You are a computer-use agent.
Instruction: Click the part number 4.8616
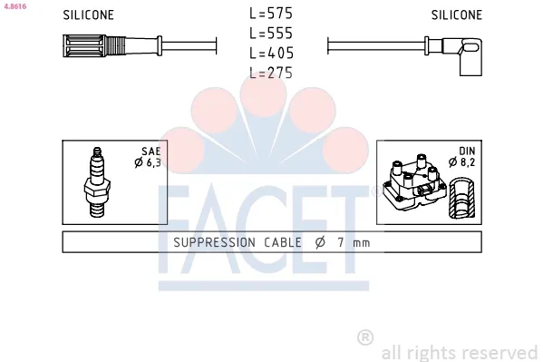tap(15, 6)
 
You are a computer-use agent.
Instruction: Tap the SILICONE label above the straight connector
tap(88, 15)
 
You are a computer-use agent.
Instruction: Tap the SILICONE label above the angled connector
tap(456, 15)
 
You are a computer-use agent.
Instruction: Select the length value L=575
tap(271, 14)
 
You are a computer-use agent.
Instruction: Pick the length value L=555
tap(271, 34)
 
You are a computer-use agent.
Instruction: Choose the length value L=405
tap(271, 53)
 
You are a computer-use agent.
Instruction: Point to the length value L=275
tap(271, 73)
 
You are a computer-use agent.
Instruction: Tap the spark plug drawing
tap(97, 182)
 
